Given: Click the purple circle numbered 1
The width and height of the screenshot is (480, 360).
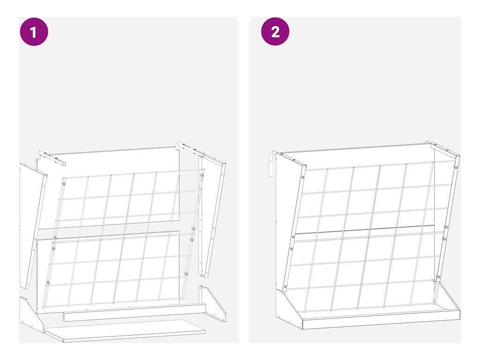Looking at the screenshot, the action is pyautogui.click(x=34, y=31).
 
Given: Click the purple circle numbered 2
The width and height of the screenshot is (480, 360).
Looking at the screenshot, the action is pyautogui.click(x=275, y=31).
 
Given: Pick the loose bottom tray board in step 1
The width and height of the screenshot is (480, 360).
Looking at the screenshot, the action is pyautogui.click(x=125, y=330).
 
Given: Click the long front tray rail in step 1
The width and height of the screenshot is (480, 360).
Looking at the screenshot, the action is pyautogui.click(x=135, y=312).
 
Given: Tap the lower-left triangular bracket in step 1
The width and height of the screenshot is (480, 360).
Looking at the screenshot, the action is pyautogui.click(x=31, y=315).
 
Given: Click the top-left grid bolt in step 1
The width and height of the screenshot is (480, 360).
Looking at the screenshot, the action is pyautogui.click(x=64, y=184).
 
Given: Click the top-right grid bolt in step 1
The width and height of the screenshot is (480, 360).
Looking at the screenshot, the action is pyautogui.click(x=202, y=175).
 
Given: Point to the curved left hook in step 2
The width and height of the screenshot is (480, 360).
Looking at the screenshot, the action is pyautogui.click(x=272, y=164).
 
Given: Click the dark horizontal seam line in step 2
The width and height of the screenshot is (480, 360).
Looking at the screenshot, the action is pyautogui.click(x=364, y=229).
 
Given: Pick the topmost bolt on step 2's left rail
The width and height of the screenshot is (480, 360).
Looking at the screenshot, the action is pyautogui.click(x=302, y=177).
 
